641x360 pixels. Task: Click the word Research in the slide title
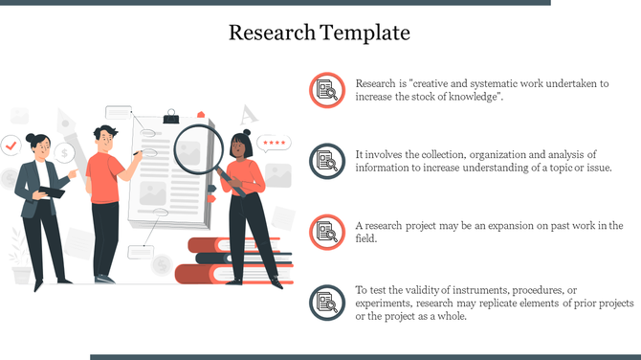pos(271,34)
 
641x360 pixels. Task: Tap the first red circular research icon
pos(327,90)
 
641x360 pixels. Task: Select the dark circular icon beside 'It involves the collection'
pos(327,161)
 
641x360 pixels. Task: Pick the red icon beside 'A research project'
pos(327,232)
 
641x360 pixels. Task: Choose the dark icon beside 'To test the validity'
pos(327,303)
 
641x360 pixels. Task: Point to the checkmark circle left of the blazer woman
pos(11,146)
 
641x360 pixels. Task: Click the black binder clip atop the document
pos(171,117)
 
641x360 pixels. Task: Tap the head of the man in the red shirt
pos(106,135)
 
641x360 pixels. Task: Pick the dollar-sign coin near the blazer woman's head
pos(64,151)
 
